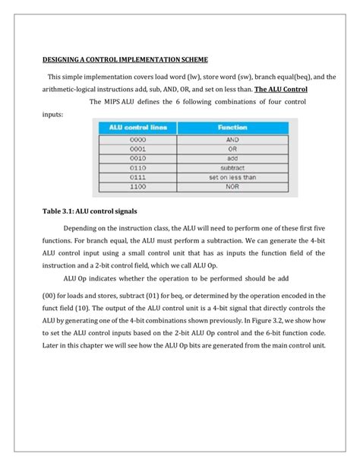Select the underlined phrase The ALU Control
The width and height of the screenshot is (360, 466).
pyautogui.click(x=281, y=88)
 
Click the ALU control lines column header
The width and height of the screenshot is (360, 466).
pyautogui.click(x=137, y=128)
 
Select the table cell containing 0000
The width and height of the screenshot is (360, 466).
pyautogui.click(x=137, y=140)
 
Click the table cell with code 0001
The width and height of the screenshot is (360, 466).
pyautogui.click(x=137, y=149)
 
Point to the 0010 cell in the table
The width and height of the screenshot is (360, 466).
pyautogui.click(x=137, y=158)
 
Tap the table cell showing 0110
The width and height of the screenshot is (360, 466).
pyautogui.click(x=137, y=167)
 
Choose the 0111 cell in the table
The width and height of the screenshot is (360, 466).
pyautogui.click(x=137, y=176)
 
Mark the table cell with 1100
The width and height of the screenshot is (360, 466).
pyautogui.click(x=137, y=186)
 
